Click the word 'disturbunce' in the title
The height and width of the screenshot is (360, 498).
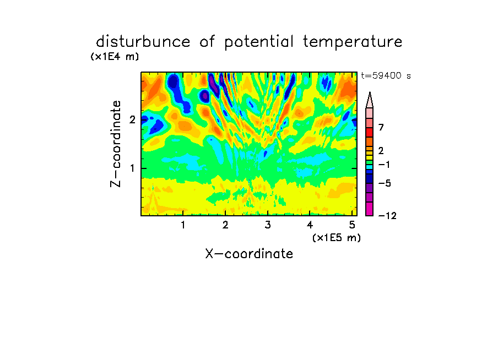(x=143, y=42)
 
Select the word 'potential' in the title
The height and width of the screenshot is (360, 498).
(x=258, y=42)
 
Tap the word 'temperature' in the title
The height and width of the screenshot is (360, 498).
(x=353, y=42)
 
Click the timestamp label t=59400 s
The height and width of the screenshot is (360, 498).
(x=386, y=75)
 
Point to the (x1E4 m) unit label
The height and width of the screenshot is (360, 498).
(x=115, y=57)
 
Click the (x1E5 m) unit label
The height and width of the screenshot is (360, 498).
(x=337, y=237)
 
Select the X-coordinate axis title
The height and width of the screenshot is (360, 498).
(x=249, y=254)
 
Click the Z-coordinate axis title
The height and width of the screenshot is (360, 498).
(x=116, y=144)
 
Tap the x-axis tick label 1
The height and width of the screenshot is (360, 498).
(x=183, y=225)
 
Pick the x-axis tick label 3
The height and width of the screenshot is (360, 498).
(x=268, y=225)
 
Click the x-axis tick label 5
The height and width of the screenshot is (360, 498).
(x=352, y=225)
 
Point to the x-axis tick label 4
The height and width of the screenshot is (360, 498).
(x=310, y=225)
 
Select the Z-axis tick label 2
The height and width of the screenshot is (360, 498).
(x=132, y=119)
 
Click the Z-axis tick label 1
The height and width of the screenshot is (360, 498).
(x=132, y=168)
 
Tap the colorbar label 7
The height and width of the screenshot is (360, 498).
(x=381, y=127)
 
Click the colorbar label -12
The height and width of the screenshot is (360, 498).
(x=387, y=216)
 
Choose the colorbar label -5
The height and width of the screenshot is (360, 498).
(x=385, y=183)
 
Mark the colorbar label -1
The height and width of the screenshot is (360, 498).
(x=384, y=165)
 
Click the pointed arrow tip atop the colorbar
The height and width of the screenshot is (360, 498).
(x=370, y=92)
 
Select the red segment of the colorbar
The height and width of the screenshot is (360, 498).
(x=370, y=132)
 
